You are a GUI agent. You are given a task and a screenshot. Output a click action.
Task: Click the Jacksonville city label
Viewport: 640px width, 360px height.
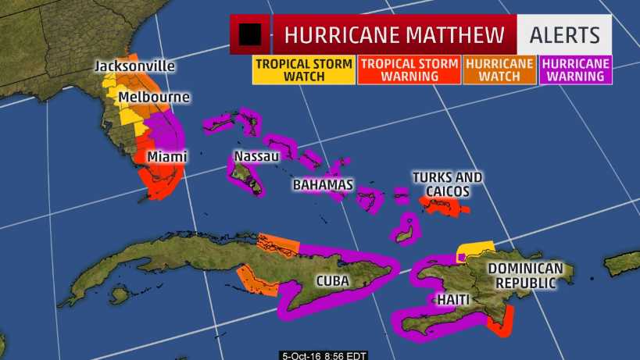pos(134,66)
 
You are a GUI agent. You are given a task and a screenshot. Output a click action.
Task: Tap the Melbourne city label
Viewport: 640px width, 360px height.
pos(155,98)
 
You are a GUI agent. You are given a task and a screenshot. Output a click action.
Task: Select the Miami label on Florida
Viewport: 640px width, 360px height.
pos(167,157)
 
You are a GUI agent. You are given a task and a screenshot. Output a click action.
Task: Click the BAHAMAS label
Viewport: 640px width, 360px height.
pos(323,185)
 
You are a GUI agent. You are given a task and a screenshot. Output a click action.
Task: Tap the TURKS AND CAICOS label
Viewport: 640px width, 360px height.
pos(447,184)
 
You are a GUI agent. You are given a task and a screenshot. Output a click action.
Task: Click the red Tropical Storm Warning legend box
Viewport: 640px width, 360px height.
pos(409,70)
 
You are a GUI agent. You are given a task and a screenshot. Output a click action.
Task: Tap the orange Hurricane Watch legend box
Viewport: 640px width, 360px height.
pos(499,70)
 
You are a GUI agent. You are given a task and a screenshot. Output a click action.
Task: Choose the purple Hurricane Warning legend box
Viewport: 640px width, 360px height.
pos(575,70)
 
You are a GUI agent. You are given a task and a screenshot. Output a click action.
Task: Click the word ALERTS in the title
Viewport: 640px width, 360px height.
pos(565,35)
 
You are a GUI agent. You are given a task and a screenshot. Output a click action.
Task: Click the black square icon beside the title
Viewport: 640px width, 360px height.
pos(250,35)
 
